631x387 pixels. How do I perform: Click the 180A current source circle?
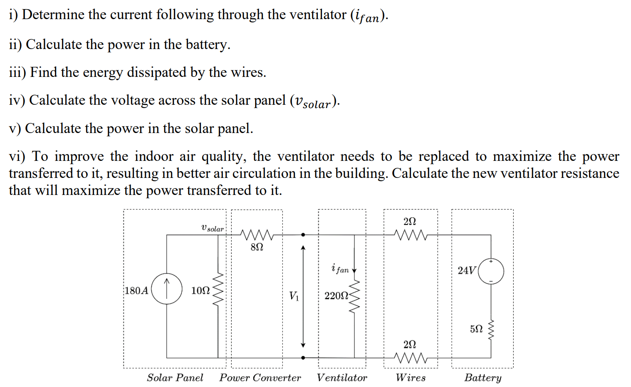166,289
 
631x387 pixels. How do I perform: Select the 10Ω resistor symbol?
218,289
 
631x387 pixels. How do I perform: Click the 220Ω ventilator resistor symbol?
354,296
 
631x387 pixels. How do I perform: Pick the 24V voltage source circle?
491,271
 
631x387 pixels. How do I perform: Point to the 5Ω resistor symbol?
491,329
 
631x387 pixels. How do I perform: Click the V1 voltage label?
294,296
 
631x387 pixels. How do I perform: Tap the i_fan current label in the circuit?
340,269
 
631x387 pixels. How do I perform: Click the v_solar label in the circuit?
212,228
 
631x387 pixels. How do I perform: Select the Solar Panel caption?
175,377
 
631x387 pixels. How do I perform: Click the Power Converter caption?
260,377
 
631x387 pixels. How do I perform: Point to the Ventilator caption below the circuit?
341,377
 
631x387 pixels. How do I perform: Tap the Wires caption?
411,377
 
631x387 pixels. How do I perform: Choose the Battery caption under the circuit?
483,377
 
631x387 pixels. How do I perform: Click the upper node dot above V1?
303,235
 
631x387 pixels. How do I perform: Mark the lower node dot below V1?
303,357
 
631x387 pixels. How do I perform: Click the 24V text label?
466,271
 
